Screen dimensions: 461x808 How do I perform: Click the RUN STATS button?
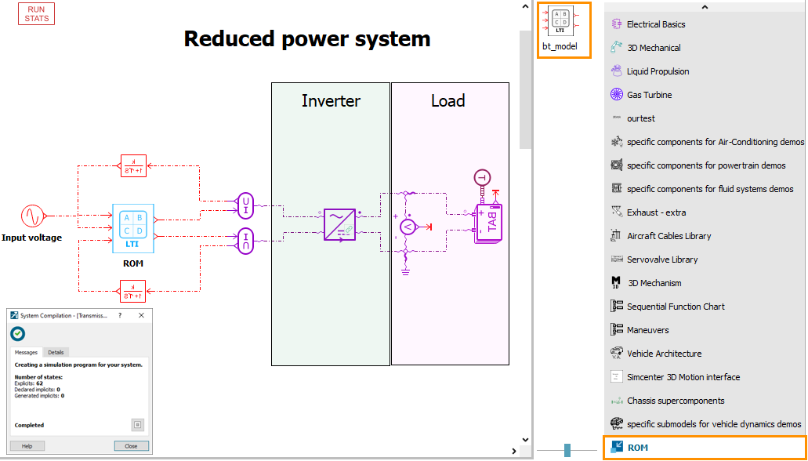click(36, 14)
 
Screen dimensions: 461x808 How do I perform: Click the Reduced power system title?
click(306, 38)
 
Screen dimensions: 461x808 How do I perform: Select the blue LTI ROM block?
click(133, 227)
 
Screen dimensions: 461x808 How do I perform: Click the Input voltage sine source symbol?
click(32, 215)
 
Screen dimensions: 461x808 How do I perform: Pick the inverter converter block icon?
click(339, 224)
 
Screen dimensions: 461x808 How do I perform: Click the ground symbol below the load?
click(405, 271)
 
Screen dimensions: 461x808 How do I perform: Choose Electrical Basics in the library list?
click(656, 24)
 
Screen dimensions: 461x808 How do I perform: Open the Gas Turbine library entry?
click(649, 95)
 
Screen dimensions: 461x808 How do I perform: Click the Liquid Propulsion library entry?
click(658, 71)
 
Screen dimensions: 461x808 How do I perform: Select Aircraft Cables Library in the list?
click(669, 236)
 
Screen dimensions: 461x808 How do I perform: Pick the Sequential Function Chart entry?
click(676, 307)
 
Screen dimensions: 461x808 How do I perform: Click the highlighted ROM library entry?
click(637, 448)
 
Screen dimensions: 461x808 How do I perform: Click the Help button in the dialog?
click(27, 446)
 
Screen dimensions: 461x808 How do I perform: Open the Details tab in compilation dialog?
click(56, 353)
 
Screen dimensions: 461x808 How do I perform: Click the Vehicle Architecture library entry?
click(664, 354)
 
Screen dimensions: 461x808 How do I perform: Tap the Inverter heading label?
click(331, 101)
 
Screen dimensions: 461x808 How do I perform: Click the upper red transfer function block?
click(133, 165)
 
